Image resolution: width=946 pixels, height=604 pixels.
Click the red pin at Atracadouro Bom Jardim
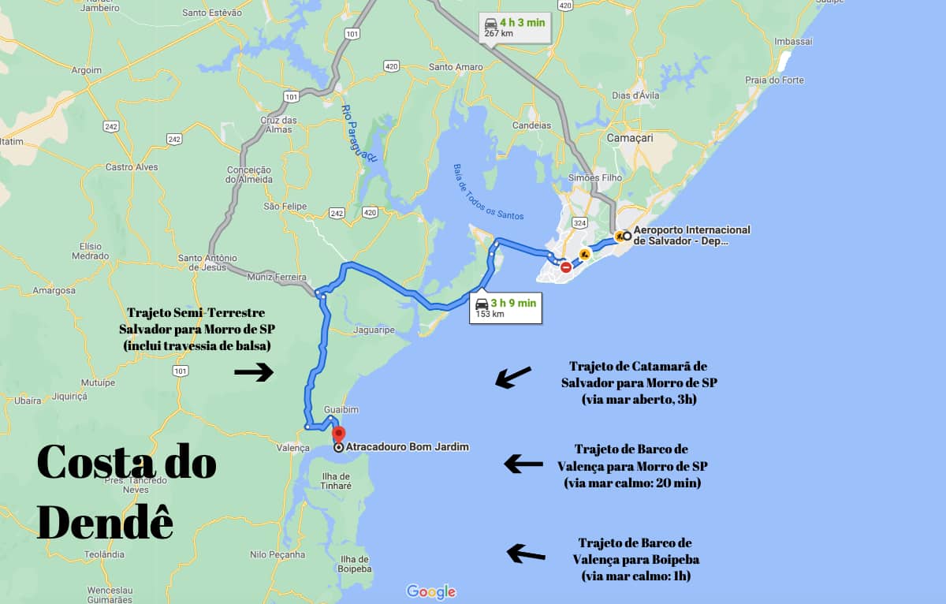tap(338, 434)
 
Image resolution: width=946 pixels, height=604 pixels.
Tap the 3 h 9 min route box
tap(506, 308)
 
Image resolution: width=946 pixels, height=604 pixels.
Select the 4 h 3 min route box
tap(516, 28)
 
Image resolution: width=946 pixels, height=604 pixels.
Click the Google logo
tap(431, 591)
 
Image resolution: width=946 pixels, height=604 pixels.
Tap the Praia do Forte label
tap(774, 80)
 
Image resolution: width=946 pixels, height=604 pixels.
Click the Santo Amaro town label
tap(455, 67)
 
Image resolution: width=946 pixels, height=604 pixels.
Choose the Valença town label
tap(293, 448)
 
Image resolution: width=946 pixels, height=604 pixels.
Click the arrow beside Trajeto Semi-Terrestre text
tap(254, 372)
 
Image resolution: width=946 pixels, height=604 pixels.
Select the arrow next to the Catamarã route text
tap(513, 377)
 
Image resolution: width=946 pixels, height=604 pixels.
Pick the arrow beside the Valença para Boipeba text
tap(526, 554)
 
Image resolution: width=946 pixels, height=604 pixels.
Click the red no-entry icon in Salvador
tap(565, 267)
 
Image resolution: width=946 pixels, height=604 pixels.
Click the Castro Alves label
tap(132, 167)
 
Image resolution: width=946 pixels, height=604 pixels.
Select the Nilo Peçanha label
tap(277, 554)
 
